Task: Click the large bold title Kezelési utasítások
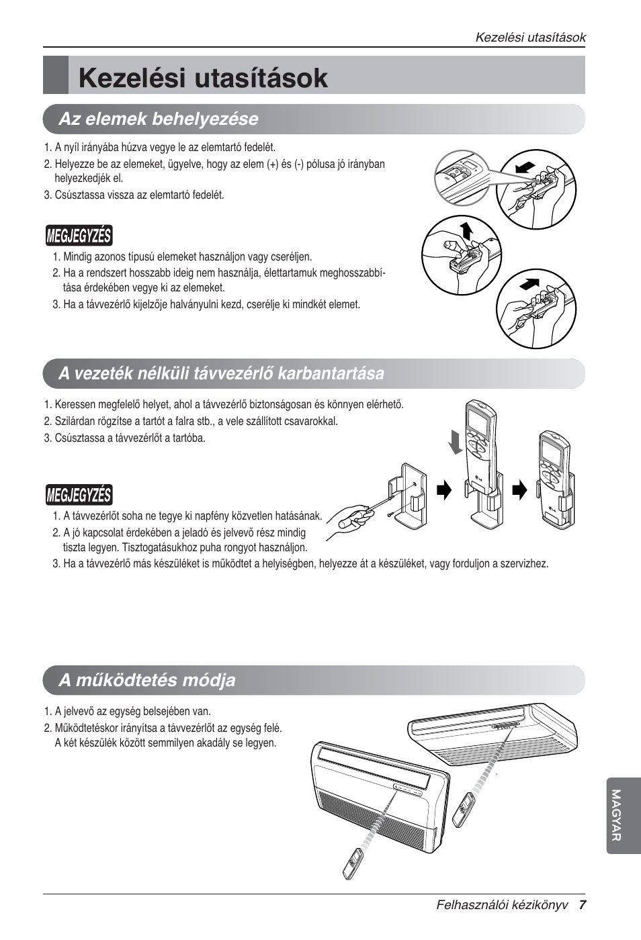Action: coord(203,78)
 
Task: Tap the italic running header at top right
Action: coord(530,38)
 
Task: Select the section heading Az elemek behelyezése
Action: coord(158,119)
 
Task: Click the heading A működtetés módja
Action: coord(146,680)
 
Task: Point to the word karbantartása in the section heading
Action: coord(334,373)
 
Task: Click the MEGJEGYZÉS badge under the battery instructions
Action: coord(79,236)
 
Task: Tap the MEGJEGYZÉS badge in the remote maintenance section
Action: coord(79,496)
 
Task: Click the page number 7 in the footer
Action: coord(583,904)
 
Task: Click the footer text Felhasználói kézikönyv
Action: coord(502,904)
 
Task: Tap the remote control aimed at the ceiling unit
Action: coord(463,810)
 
